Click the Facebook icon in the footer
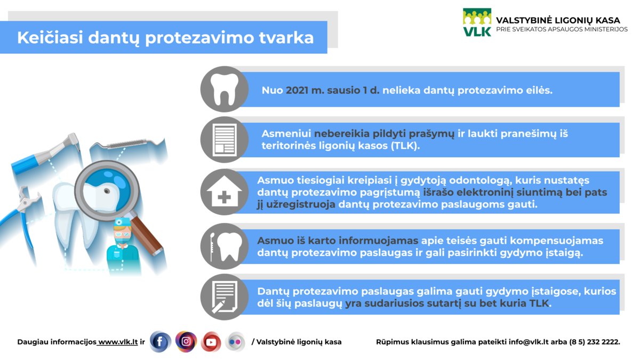[x=161, y=342]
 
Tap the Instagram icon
[x=186, y=341]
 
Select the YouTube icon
[x=211, y=342]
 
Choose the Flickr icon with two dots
[x=235, y=342]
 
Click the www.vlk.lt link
[x=118, y=342]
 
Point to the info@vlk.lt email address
[x=527, y=342]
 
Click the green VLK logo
[x=477, y=22]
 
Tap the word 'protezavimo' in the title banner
[x=199, y=37]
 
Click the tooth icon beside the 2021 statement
[x=225, y=89]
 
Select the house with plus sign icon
[x=225, y=191]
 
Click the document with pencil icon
[x=225, y=297]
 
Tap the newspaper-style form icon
[x=225, y=140]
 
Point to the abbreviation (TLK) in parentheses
[x=405, y=146]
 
